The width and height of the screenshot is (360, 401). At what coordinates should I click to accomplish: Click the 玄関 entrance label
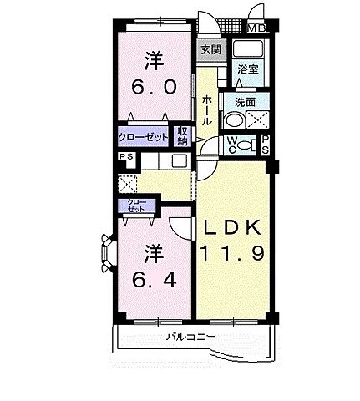pos(209,49)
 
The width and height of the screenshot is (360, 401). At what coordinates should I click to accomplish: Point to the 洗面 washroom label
pos(245,103)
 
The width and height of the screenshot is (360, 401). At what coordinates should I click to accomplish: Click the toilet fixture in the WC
pos(243,145)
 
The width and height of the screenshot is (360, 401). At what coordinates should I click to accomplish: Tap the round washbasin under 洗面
pos(231,120)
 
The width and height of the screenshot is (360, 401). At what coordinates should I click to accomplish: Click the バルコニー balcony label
pos(192,337)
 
